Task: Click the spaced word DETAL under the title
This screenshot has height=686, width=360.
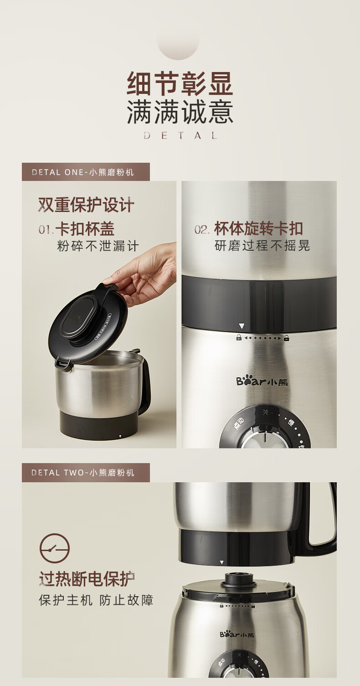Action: (x=180, y=135)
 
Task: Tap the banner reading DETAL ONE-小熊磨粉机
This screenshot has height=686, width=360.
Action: (x=86, y=172)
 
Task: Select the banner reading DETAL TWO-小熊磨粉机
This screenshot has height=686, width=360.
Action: (x=86, y=473)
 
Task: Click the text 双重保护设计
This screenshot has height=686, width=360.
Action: (x=86, y=205)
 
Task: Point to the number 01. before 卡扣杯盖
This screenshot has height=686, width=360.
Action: (x=46, y=230)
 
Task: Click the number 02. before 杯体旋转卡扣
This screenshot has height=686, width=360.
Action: (x=202, y=230)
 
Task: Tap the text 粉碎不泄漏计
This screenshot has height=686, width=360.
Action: (x=98, y=246)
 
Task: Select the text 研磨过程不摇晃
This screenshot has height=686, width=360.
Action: (x=262, y=246)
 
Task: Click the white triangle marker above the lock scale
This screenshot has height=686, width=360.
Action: (x=242, y=326)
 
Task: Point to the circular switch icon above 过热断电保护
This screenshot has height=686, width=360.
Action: (x=55, y=548)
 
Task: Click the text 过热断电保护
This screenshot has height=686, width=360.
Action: (x=87, y=579)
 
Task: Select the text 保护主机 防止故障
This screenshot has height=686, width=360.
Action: (x=96, y=600)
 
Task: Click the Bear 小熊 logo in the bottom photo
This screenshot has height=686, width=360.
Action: (x=237, y=634)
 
